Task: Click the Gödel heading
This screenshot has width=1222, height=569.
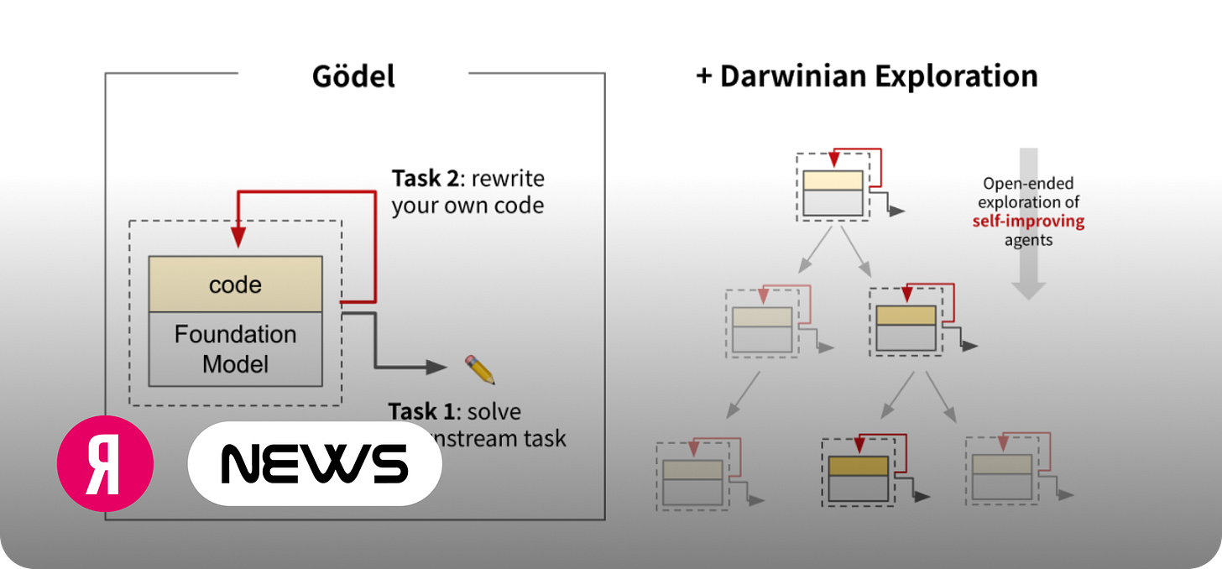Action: pos(353,76)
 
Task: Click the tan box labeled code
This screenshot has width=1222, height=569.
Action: pos(235,284)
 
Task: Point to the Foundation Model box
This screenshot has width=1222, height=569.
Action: pos(235,349)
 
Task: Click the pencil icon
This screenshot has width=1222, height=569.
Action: pos(480,369)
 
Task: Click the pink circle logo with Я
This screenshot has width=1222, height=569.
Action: pos(105,463)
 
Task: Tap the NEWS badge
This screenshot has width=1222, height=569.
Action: pos(315,463)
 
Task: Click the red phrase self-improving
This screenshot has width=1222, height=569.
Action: pos(1028,222)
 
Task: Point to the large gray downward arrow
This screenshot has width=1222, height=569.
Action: pos(1028,227)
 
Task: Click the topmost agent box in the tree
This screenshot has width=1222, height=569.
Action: pos(833,192)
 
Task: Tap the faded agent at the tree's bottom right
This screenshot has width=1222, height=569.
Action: pos(1001,475)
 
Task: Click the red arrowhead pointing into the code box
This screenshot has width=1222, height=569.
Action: pos(238,238)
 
